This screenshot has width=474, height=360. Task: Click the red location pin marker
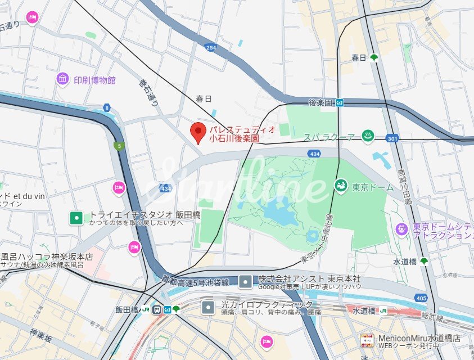[x=197, y=132]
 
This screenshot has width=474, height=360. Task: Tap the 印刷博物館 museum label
[x=94, y=80]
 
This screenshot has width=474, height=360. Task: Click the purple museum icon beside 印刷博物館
[x=62, y=79]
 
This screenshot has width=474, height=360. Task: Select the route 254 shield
[x=210, y=48]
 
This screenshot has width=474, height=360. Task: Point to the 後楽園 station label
[x=321, y=102]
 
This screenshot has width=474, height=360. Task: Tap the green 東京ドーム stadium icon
[x=341, y=184]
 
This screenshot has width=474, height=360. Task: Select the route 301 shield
[x=392, y=138]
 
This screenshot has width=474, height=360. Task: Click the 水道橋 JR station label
[x=364, y=310]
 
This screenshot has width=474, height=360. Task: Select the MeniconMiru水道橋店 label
[x=419, y=337]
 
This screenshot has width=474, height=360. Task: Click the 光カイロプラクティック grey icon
[x=209, y=307]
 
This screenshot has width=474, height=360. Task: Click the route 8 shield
[x=106, y=107]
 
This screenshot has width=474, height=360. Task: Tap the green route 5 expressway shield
[x=118, y=146]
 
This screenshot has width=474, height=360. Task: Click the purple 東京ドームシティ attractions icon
[x=401, y=229]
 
